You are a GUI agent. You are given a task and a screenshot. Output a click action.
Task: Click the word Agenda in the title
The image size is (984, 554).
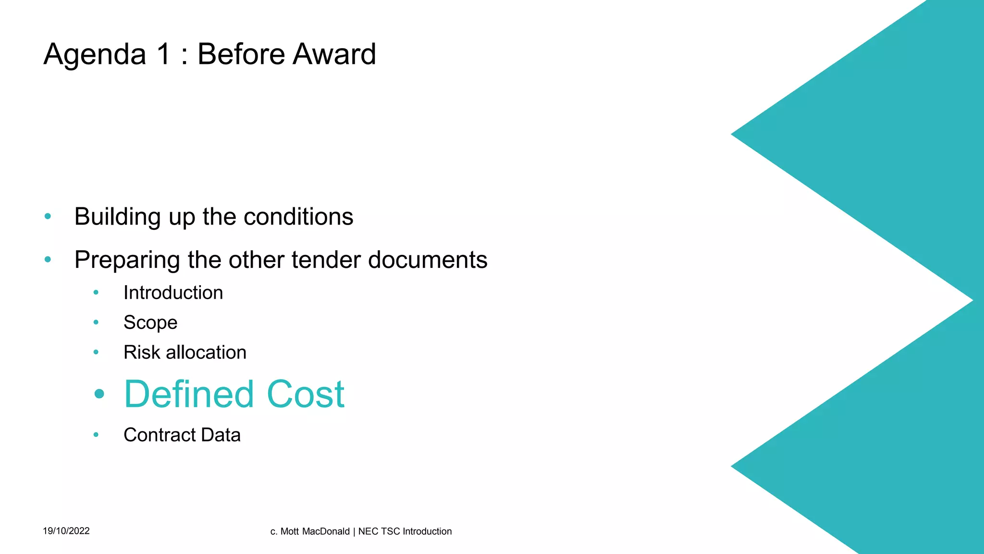(95, 54)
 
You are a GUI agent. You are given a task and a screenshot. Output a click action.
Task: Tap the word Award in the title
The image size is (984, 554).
(334, 54)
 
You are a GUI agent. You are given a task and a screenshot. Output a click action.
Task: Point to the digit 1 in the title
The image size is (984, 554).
(164, 54)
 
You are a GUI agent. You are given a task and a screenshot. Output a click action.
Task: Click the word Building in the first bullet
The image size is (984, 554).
(117, 217)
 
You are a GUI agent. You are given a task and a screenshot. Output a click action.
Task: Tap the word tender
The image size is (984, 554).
(326, 260)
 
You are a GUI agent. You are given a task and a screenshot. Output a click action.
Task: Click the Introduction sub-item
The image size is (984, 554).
(173, 292)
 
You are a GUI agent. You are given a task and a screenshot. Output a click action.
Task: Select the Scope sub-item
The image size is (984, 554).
(150, 323)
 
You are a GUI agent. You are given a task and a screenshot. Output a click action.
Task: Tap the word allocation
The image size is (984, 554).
(206, 353)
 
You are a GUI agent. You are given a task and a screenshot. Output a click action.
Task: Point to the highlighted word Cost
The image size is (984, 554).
(306, 394)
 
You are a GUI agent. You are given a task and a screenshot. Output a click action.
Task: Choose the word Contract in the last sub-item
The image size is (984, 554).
(160, 435)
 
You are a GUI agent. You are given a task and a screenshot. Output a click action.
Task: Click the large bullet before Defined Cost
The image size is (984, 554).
(99, 394)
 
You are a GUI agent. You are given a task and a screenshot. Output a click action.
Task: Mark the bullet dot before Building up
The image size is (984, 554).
(48, 216)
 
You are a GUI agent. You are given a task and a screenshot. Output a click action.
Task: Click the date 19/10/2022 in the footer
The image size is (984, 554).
(66, 531)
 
